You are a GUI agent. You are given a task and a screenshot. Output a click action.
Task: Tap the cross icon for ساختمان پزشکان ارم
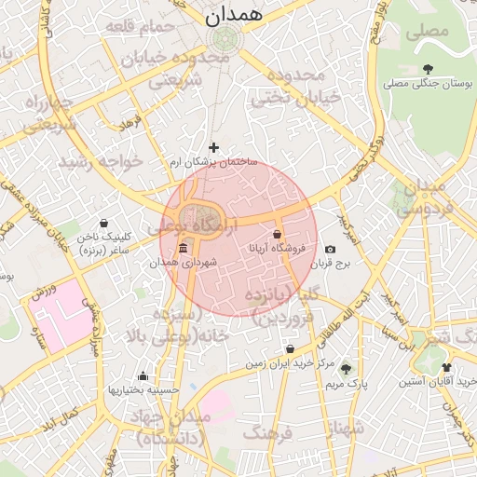coord(214,147)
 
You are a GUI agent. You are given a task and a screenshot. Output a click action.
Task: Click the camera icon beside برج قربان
coord(330,250)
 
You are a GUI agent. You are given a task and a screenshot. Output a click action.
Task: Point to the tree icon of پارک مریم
coord(348,369)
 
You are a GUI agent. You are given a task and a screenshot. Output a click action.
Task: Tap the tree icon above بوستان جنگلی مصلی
coord(428,68)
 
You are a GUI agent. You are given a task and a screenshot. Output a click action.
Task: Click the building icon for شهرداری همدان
coord(182,250)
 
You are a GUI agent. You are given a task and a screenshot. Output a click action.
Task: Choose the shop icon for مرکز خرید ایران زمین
coord(291,349)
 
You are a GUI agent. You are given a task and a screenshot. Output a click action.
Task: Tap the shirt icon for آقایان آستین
coord(447,368)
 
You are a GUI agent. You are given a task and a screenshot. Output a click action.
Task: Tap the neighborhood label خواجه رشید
coord(102,161)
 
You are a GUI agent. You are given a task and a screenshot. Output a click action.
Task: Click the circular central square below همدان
coord(225,39)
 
